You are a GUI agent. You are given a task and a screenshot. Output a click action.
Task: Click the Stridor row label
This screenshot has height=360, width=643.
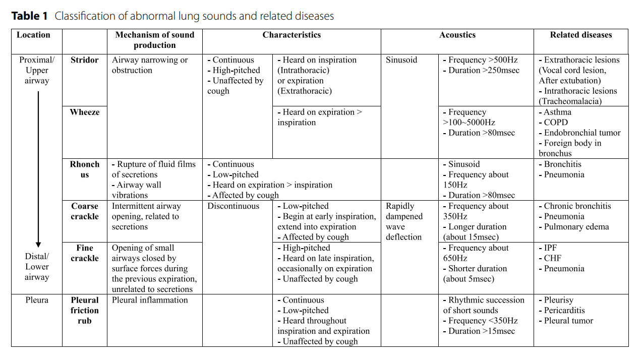(x=84, y=60)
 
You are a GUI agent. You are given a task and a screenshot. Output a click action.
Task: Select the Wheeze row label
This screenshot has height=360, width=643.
(x=84, y=112)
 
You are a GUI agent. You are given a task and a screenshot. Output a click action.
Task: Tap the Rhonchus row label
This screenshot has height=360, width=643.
(x=84, y=169)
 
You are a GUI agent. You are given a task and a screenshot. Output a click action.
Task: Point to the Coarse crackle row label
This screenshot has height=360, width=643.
(x=84, y=211)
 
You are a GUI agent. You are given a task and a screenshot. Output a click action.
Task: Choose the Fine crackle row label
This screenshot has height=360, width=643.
(x=84, y=253)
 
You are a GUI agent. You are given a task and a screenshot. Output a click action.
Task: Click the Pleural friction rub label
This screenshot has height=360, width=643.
(x=84, y=310)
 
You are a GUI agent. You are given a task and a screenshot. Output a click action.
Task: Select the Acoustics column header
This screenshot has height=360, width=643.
(x=457, y=35)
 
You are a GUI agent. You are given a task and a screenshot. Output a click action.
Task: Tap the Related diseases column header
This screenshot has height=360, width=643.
(x=580, y=35)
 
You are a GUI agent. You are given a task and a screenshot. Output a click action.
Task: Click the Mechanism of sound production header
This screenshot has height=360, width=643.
(x=154, y=40)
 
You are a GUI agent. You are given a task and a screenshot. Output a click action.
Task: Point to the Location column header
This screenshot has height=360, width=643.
(x=33, y=35)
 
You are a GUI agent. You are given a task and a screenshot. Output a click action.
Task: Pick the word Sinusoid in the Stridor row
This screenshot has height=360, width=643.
(x=401, y=60)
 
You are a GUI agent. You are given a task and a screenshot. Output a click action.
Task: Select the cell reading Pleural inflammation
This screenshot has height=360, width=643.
(x=149, y=300)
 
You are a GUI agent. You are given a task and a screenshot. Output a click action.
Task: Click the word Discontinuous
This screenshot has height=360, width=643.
(x=233, y=206)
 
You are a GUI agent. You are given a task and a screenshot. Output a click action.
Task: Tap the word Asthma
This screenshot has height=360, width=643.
(x=557, y=112)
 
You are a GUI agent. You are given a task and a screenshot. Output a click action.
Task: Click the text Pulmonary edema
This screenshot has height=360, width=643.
(x=576, y=227)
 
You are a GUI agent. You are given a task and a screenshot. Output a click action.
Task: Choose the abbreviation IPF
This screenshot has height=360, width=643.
(x=550, y=248)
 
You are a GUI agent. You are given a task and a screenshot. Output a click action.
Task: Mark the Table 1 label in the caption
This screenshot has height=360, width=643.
(x=29, y=16)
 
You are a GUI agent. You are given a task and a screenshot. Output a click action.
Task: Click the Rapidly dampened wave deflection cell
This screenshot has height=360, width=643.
(x=404, y=221)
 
